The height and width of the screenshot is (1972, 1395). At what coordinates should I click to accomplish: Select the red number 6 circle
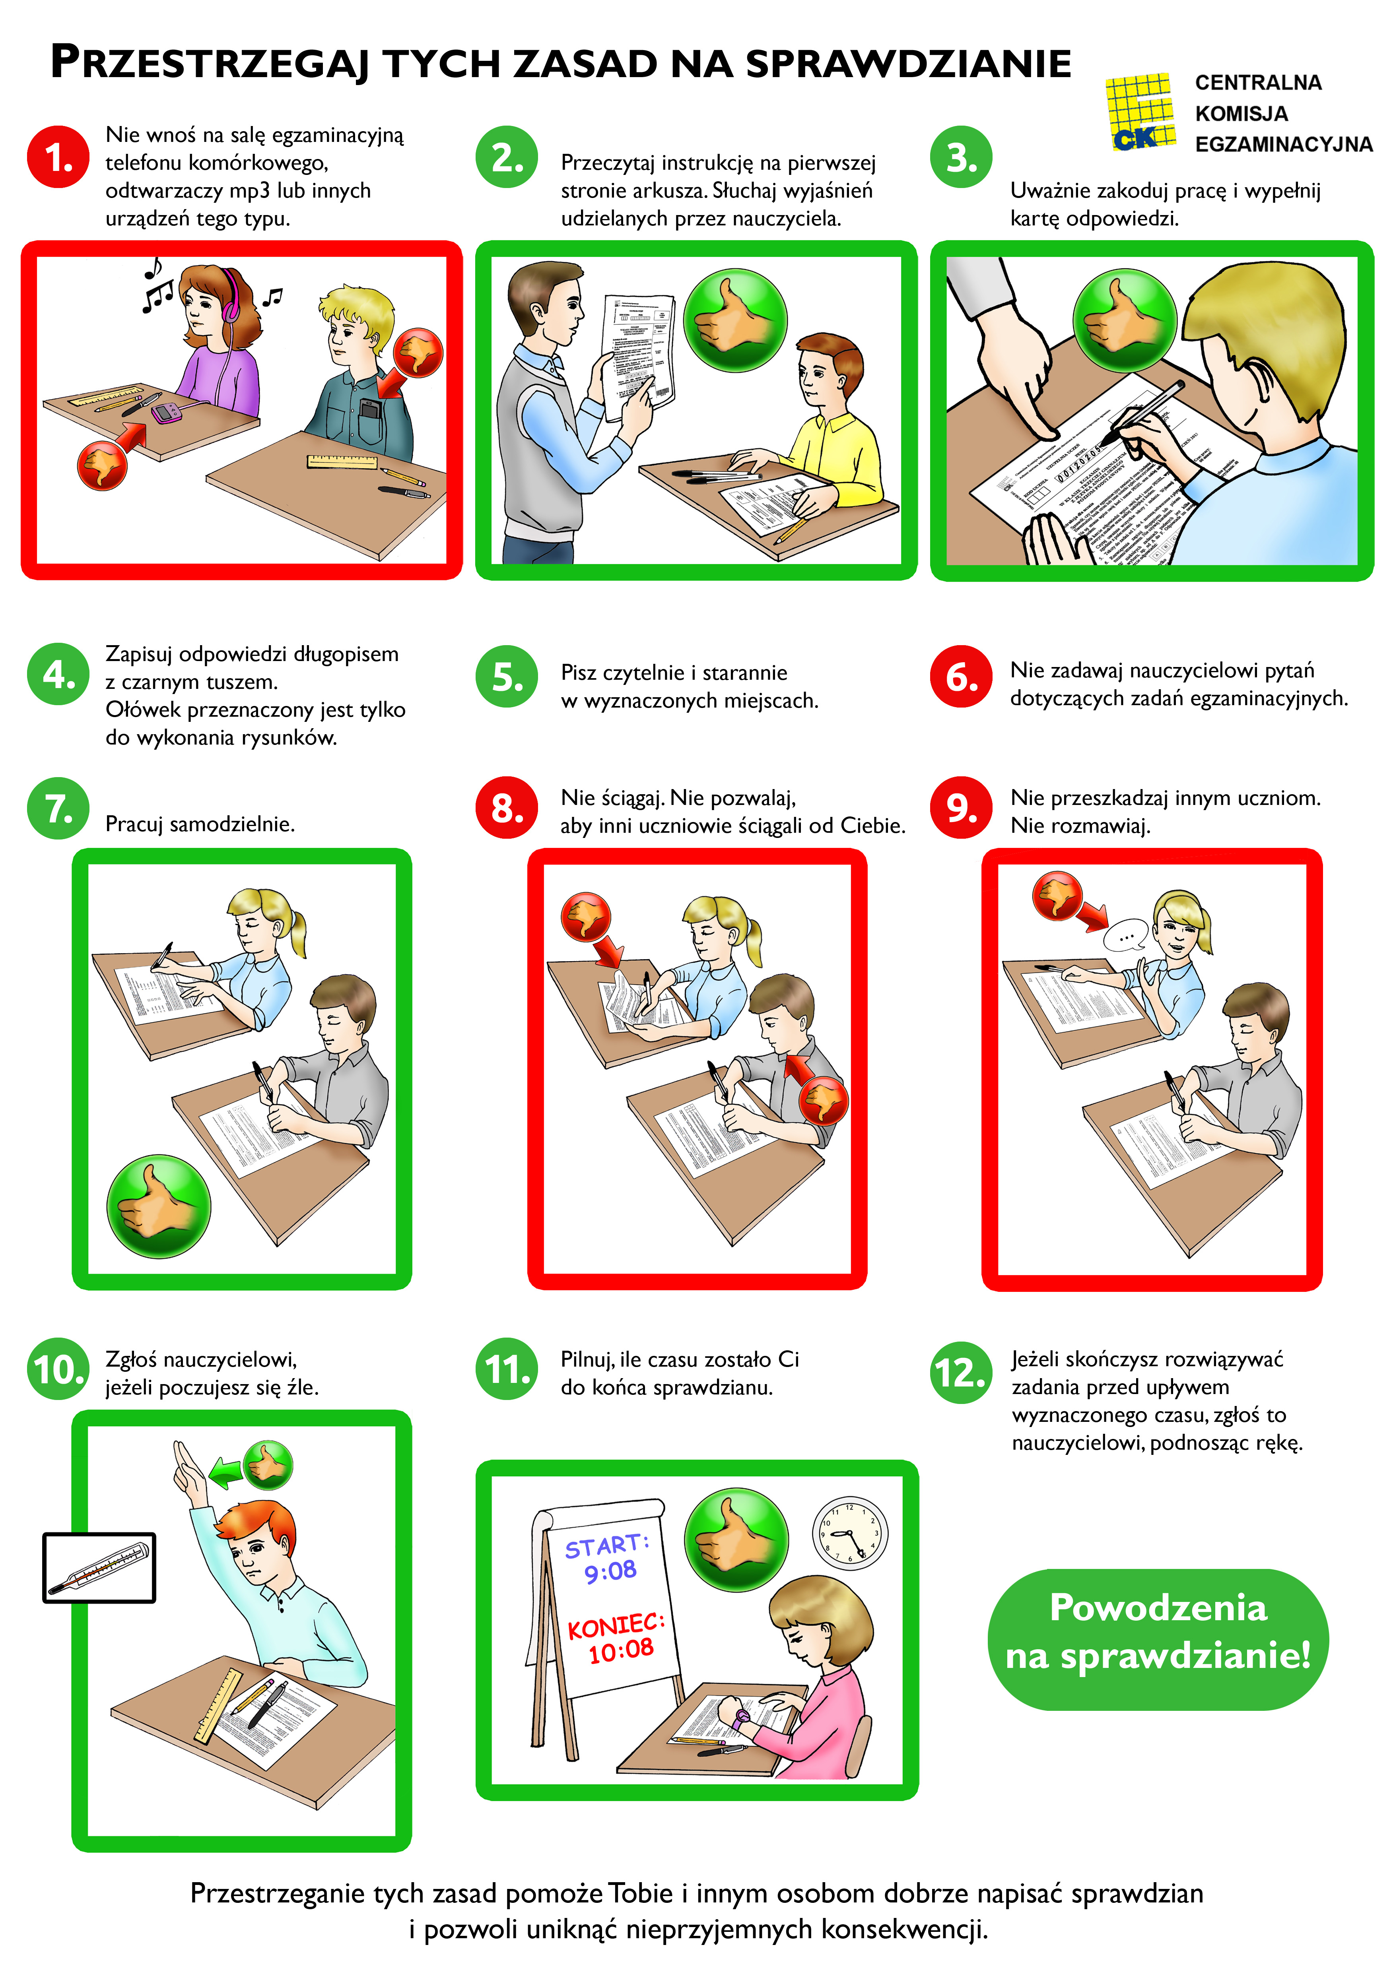pos(961,677)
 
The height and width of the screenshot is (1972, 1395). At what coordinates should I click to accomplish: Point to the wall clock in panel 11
pos(849,1533)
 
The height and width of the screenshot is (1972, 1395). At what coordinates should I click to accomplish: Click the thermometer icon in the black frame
pos(99,1567)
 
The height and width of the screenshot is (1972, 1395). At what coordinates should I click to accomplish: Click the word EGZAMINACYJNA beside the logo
pos(1283,144)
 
